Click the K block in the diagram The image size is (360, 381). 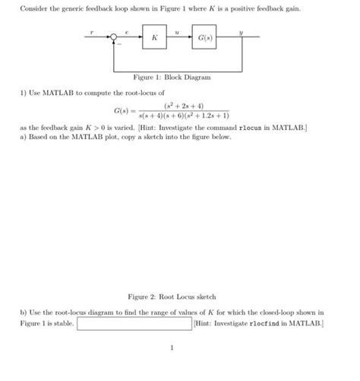point(154,37)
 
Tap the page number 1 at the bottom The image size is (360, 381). point(173,349)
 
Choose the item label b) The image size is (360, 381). point(24,313)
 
